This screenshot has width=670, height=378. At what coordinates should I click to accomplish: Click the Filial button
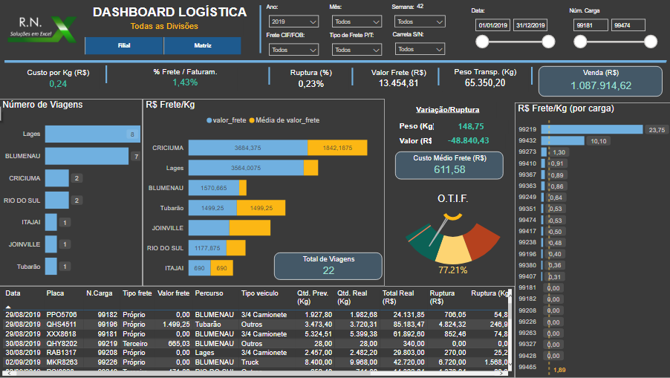[x=124, y=46]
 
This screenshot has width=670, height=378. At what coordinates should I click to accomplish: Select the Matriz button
[x=202, y=46]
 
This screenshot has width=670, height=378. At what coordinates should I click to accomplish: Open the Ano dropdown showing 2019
[x=292, y=22]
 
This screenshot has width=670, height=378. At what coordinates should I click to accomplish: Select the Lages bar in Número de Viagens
[x=92, y=134]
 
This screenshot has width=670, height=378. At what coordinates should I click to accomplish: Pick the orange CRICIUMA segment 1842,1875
[x=337, y=148]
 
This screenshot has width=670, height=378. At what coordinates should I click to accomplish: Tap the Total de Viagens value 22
[x=328, y=271]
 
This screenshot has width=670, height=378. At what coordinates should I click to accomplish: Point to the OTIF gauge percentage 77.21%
[x=452, y=270]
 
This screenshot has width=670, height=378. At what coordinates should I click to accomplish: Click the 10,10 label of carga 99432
[x=598, y=140]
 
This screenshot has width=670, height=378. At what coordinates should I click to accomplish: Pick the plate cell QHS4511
[x=61, y=324]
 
